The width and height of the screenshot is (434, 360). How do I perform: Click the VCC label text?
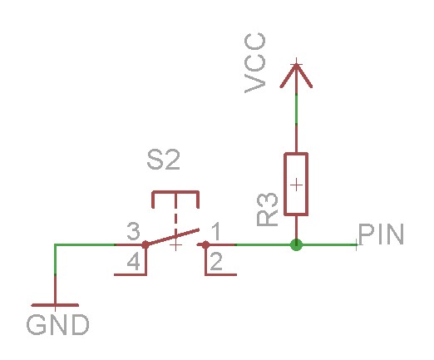coord(257,62)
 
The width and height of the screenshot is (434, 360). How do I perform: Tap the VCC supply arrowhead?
coord(296,76)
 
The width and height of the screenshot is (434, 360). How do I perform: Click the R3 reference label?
coord(268,210)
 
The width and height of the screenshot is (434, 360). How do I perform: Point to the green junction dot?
coord(296,245)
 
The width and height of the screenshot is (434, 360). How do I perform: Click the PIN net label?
coord(381,234)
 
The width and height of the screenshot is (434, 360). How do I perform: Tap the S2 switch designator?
coord(163,160)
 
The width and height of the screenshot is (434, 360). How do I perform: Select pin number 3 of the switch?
coord(131,230)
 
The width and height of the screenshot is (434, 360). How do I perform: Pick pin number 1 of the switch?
coord(215,230)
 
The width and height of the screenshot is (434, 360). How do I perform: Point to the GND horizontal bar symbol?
coord(55,305)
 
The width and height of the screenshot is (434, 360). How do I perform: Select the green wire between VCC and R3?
coord(296,121)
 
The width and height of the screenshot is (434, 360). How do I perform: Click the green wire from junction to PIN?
coord(328,245)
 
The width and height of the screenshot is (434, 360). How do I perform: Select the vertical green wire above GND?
coord(55,274)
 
